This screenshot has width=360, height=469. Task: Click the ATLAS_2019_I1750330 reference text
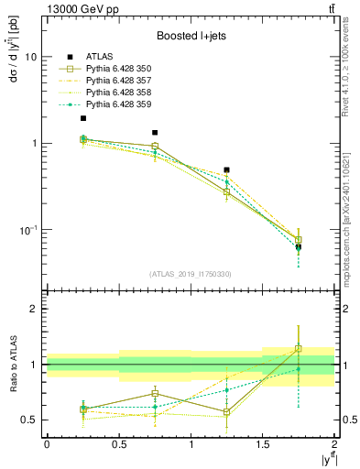tap(190, 274)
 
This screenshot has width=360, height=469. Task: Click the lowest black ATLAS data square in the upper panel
tap(299, 246)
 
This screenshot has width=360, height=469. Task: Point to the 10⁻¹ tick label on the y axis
tap(27, 229)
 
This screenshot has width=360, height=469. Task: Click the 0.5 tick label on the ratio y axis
tap(29, 420)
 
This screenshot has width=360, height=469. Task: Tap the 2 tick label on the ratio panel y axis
tap(34, 309)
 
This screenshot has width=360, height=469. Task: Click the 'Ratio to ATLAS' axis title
tap(11, 365)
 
